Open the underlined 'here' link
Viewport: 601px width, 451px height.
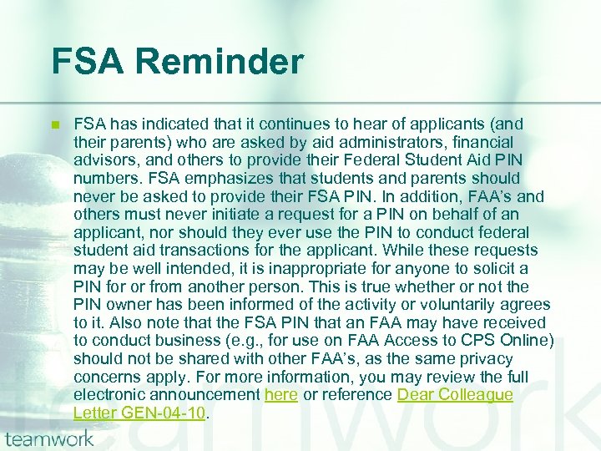[x=280, y=394]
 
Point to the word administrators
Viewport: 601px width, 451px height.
[x=368, y=142]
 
